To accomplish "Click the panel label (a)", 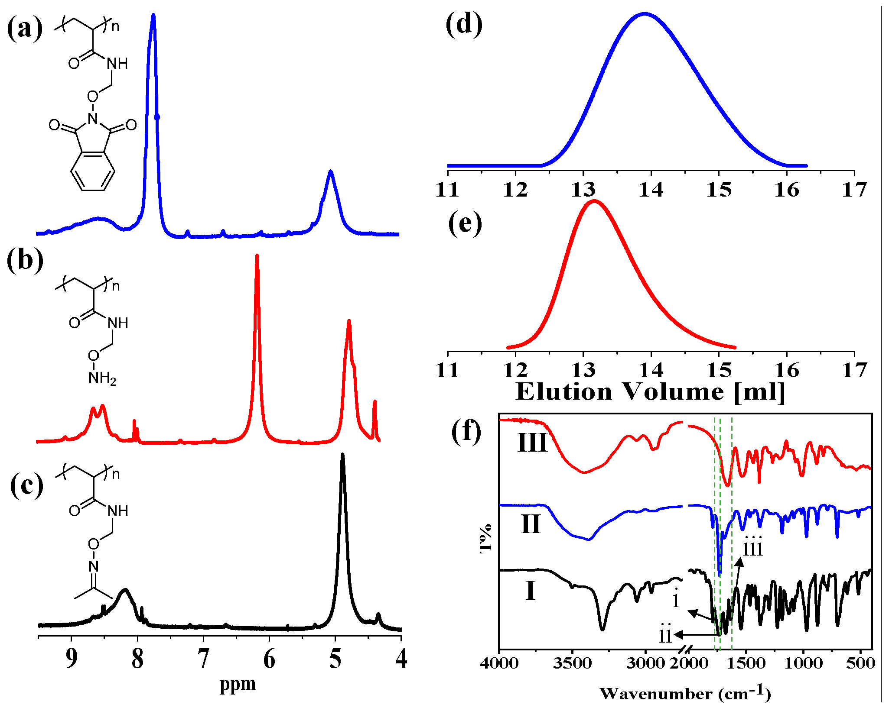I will [x=25, y=29].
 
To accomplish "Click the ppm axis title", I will [x=238, y=684].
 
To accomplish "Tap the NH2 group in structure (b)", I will [x=102, y=378].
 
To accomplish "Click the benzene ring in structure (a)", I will [x=93, y=171].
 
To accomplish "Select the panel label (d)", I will [x=464, y=24].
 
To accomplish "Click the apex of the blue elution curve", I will [x=645, y=14].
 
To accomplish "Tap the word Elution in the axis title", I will [x=564, y=392].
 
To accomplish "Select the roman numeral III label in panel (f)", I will [x=533, y=443].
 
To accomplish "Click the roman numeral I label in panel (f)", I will [x=530, y=591].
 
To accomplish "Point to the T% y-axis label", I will [x=486, y=537].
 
